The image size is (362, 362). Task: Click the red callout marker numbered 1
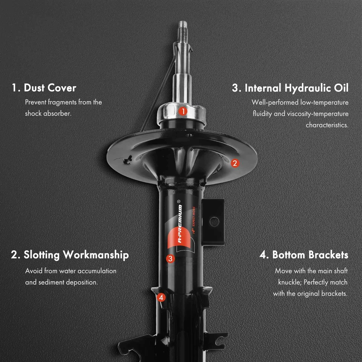(183, 111)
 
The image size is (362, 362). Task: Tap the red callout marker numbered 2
(235, 163)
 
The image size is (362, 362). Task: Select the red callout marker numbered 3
(170, 259)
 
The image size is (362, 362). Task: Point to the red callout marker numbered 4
(161, 298)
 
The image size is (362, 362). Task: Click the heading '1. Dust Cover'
(44, 88)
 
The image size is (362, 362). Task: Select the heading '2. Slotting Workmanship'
(70, 255)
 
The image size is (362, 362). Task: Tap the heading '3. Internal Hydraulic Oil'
(290, 88)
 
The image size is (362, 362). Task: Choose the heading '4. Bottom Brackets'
(304, 255)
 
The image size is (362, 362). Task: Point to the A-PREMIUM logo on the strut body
(180, 226)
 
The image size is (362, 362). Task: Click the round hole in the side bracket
(214, 222)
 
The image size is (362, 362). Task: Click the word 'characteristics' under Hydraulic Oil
(327, 125)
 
